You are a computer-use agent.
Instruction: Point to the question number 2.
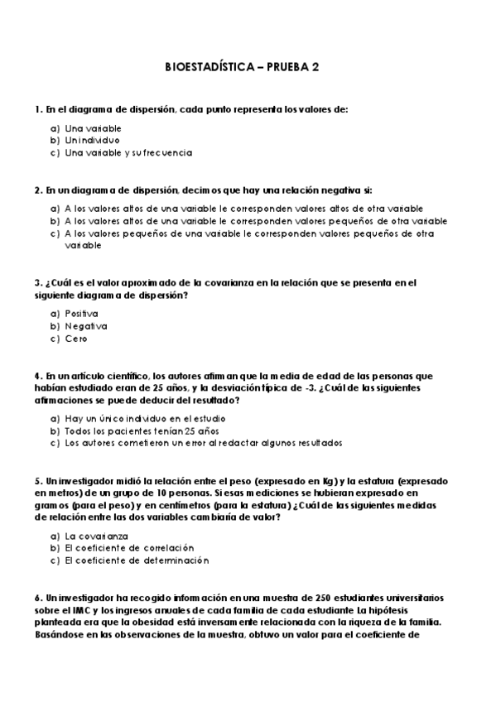click(37, 189)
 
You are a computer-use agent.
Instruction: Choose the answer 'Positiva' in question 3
click(81, 314)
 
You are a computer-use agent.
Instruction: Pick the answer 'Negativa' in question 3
click(84, 326)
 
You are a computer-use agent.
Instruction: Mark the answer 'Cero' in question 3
click(75, 339)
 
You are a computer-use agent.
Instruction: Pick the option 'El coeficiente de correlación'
click(128, 548)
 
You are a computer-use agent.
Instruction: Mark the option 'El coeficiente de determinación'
click(137, 560)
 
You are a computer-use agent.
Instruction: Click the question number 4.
click(37, 375)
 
